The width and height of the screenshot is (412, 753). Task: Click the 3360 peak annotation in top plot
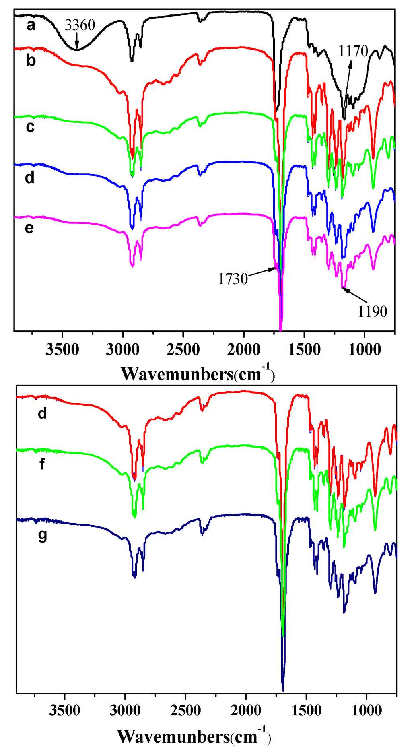tap(80, 26)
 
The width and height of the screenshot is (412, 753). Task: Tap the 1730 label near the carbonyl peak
tap(233, 279)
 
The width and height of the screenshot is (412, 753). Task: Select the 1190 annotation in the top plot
tap(373, 311)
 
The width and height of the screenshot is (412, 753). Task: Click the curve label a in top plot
tap(31, 26)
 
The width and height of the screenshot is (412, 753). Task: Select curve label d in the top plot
tap(29, 177)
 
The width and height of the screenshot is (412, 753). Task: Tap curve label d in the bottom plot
tap(42, 413)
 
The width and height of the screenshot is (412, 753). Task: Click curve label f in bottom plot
tap(42, 464)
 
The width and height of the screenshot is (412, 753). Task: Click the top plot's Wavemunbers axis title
tap(198, 374)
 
